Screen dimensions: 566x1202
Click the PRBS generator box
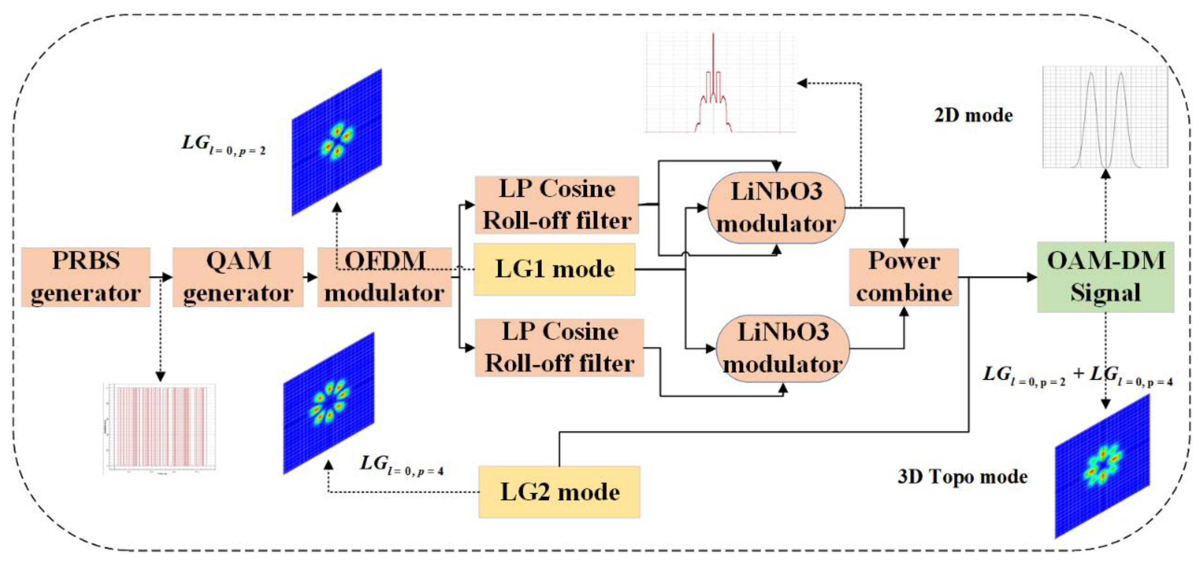86,277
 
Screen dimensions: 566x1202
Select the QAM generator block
238,277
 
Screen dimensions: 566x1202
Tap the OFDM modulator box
385,277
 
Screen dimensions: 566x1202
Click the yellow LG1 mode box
554,270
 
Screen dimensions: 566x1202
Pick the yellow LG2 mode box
559,492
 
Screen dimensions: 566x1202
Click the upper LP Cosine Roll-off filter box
557,205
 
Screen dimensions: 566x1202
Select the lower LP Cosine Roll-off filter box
559,348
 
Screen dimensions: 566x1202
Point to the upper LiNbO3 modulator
776,208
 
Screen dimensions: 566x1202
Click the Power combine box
904,277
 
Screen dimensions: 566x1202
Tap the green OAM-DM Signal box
1105,277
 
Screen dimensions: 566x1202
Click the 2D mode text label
973,115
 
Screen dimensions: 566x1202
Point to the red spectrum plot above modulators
720,83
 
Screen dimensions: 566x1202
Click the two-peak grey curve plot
1105,117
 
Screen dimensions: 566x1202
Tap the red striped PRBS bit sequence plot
160,428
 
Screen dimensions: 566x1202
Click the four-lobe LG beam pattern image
337,142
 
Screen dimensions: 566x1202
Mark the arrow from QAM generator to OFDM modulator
310,278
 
